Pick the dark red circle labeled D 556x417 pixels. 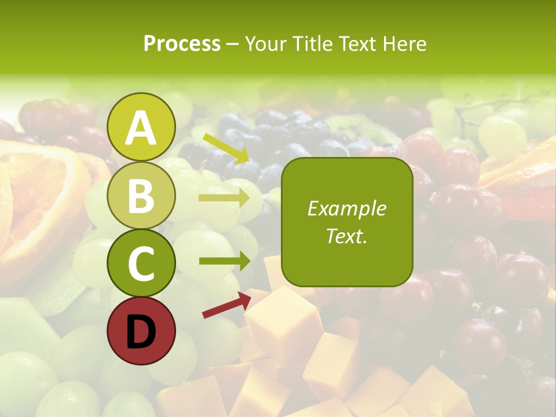[x=141, y=331]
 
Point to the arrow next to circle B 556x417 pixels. [x=224, y=198]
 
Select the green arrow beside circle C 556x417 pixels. [x=225, y=261]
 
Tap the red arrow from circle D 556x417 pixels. [x=226, y=305]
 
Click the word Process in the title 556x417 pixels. [x=182, y=43]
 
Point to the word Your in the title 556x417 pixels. [x=265, y=43]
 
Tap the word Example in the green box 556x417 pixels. [x=347, y=209]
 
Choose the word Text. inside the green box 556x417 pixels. [x=347, y=236]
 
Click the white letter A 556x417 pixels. [x=141, y=129]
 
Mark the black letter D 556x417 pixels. [x=141, y=332]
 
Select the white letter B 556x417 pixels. [x=141, y=196]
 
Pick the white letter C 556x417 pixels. [x=141, y=264]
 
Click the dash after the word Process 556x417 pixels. [x=232, y=45]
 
